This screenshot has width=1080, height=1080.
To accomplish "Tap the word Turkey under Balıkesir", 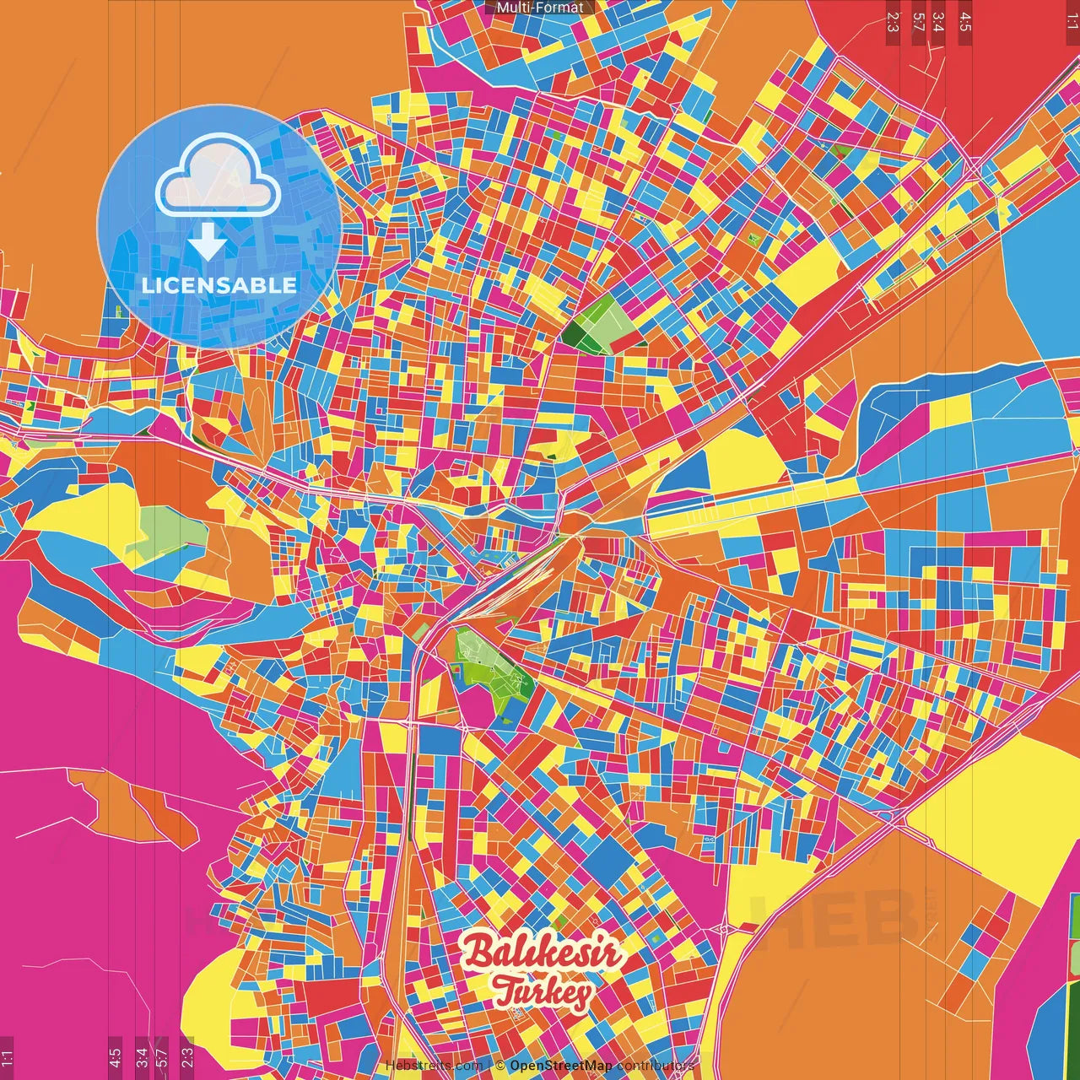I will (543, 992).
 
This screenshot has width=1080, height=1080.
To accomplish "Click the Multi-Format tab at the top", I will (540, 8).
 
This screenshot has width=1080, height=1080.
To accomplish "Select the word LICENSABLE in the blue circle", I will (219, 285).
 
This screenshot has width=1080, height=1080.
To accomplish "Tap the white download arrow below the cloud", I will (207, 242).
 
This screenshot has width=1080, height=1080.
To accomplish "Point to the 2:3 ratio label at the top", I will (893, 21).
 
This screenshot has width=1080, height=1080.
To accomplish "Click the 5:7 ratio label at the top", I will (919, 21).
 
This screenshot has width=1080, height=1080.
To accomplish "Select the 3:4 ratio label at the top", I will (939, 21).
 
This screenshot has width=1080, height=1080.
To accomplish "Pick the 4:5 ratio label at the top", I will (965, 21).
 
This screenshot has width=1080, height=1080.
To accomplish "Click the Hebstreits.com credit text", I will (434, 1066).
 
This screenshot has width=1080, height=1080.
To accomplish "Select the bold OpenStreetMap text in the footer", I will (560, 1066).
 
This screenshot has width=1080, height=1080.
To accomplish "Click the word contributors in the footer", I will (655, 1066).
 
